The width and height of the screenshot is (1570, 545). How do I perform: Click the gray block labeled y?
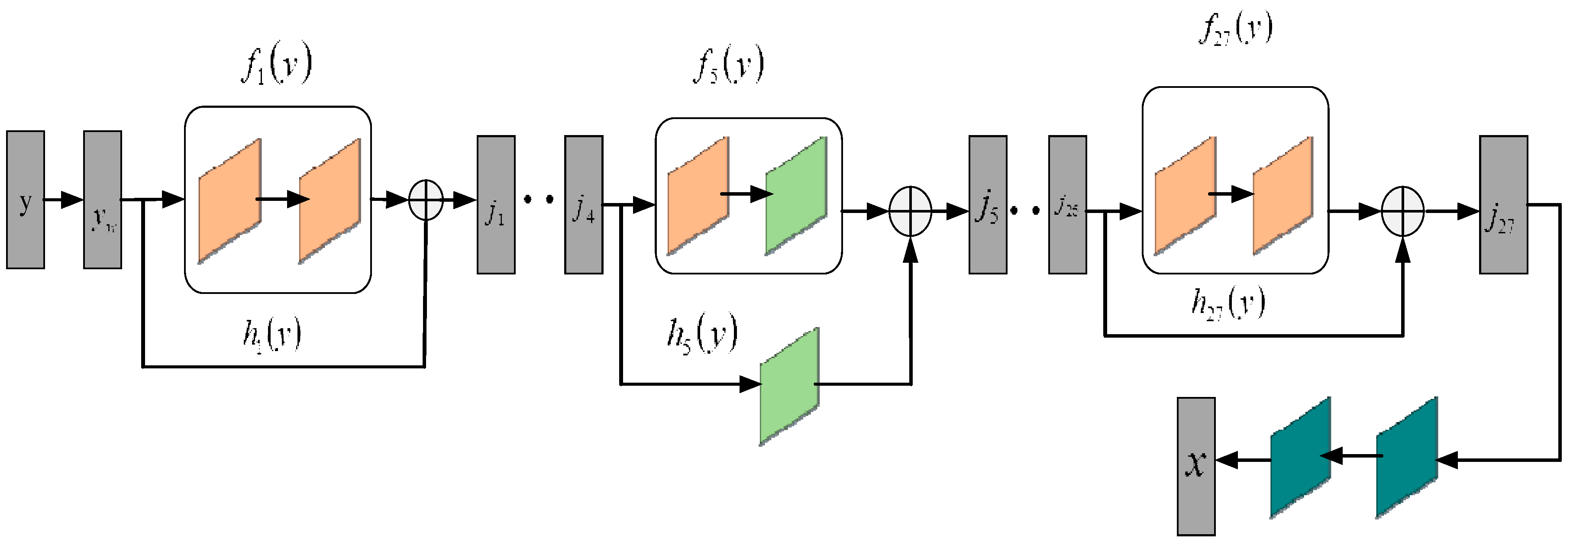[26, 200]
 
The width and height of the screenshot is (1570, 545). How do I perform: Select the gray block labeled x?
[1196, 466]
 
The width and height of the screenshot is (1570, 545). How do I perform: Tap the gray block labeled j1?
[495, 205]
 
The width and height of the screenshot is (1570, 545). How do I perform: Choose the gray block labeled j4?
[583, 205]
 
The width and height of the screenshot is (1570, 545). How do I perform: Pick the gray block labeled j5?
[987, 205]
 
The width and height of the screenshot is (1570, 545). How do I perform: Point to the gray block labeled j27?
[1503, 205]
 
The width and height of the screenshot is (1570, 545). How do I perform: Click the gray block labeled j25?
[1067, 205]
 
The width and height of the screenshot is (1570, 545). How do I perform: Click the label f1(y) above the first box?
[276, 66]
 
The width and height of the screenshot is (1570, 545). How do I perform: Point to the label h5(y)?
[702, 335]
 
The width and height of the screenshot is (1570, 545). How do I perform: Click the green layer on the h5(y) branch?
[789, 386]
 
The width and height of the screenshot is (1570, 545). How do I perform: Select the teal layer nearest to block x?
[1300, 457]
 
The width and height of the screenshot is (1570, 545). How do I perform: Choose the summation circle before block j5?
[911, 211]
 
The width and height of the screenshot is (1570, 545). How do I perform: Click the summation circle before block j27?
[1402, 211]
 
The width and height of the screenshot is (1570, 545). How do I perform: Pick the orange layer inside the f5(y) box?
[698, 195]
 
